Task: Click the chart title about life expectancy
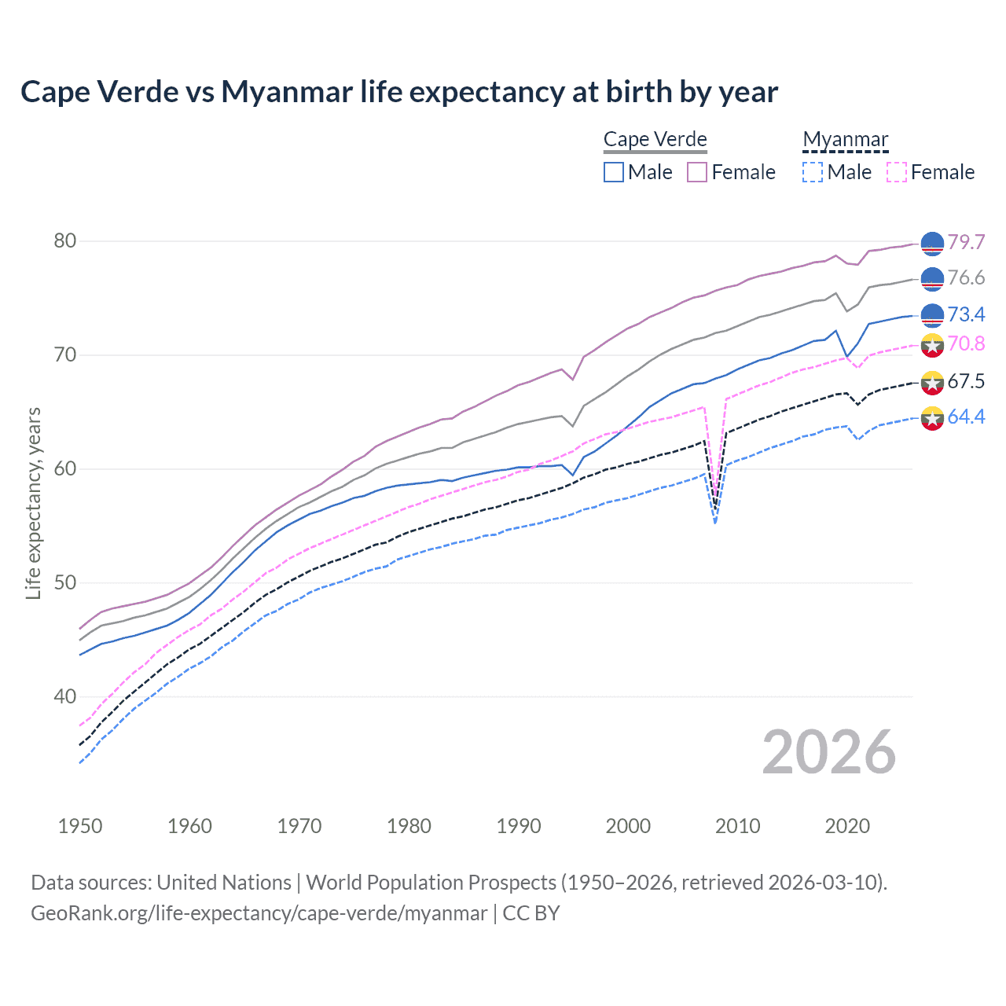click(x=399, y=92)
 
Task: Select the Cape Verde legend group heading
click(x=655, y=140)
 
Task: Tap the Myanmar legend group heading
click(x=845, y=140)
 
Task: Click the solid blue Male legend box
click(x=614, y=172)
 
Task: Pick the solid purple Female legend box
click(x=697, y=172)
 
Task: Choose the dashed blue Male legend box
click(x=813, y=172)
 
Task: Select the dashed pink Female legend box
click(x=897, y=172)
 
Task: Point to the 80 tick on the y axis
click(x=65, y=240)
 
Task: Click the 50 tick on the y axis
click(x=65, y=582)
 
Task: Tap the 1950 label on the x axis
click(x=80, y=826)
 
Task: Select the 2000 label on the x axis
click(x=628, y=826)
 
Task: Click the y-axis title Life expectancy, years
click(x=33, y=503)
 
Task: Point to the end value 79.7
click(x=966, y=242)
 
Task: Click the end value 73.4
click(x=966, y=314)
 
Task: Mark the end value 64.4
click(x=966, y=417)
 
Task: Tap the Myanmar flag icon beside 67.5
click(x=932, y=383)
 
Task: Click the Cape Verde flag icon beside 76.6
click(x=932, y=278)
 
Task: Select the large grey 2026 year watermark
click(x=829, y=752)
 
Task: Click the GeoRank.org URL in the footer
click(x=259, y=913)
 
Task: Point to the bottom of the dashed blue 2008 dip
click(x=714, y=523)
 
